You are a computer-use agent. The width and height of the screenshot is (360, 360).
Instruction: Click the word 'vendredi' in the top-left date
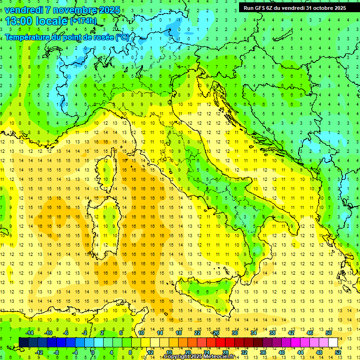[x=24, y=10]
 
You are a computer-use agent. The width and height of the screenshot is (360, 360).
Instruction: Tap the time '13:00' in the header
[x=19, y=21]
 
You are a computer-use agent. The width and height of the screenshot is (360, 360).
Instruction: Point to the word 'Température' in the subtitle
[x=27, y=37]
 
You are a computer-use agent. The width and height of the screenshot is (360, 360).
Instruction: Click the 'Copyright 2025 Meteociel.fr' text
[x=199, y=357]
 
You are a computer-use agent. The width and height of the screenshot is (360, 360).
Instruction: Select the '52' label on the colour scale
[x=338, y=352]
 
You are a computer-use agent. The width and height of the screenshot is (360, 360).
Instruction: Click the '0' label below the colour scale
[x=93, y=352]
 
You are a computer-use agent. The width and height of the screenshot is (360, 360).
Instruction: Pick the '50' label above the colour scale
[x=329, y=333]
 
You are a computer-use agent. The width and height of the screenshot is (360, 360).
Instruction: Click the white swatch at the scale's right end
[x=333, y=342]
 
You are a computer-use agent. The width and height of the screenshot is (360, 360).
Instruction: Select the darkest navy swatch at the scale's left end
[x=23, y=342]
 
